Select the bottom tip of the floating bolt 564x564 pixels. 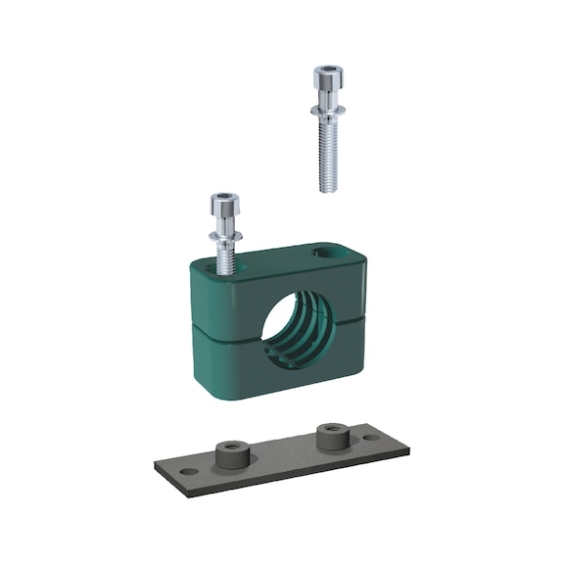(325, 189)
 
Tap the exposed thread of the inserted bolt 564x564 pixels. (224, 258)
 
